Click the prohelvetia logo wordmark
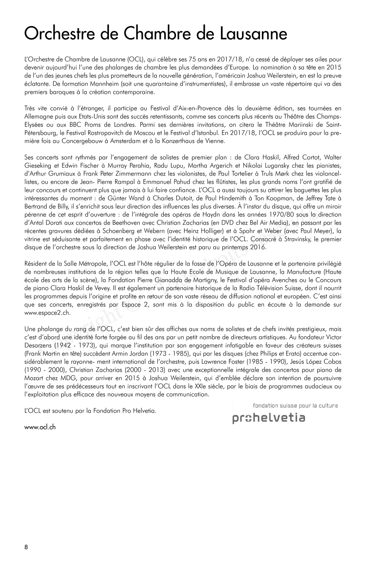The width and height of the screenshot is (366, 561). [268, 418]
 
